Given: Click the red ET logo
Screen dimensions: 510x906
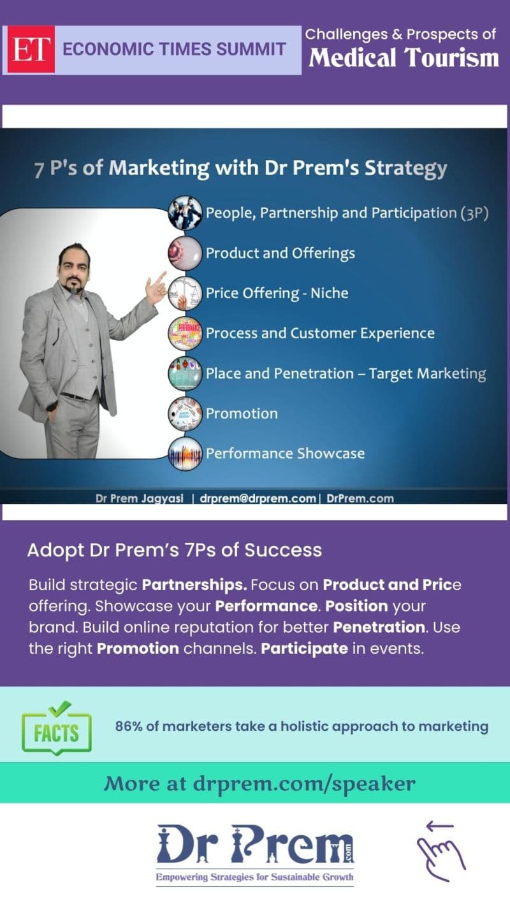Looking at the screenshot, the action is coord(31,49).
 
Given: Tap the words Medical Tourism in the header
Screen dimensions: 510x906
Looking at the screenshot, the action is coord(404,57).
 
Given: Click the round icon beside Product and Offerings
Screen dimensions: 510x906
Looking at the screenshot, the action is coord(185,253).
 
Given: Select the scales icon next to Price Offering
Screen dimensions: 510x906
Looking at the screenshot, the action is coord(185,293).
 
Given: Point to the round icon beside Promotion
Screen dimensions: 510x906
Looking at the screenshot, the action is coord(185,413).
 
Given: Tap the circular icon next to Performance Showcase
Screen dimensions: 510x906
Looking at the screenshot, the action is coord(185,454).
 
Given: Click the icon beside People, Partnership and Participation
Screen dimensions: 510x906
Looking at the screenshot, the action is coord(185,213).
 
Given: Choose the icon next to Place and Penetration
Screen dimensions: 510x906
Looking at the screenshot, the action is coord(185,373).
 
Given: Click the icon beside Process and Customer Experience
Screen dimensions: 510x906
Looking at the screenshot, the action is coord(185,333).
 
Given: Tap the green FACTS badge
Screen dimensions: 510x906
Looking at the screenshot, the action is coord(57,729).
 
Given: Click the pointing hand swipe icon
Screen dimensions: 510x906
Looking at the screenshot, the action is coord(441,851).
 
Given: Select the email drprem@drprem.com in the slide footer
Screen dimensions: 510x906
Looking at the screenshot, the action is coord(258,498).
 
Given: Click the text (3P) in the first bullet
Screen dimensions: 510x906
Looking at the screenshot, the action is coord(474,213).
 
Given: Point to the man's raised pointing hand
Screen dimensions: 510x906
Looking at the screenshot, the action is coord(156,287).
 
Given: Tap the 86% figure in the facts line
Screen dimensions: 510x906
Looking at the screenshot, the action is coord(128,726).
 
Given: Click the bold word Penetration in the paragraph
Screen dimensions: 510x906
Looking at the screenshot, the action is coord(379,628).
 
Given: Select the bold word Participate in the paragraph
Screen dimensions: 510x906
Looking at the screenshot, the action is coord(304,649).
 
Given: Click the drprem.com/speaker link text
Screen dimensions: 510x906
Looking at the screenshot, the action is coord(304,784).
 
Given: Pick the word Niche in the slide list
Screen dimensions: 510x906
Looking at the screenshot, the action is coord(330,293).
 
